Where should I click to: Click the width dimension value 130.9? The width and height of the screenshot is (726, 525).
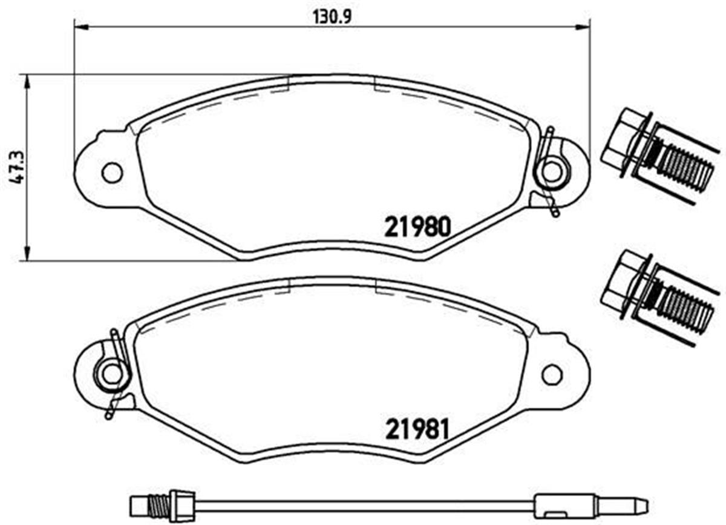pos(332,16)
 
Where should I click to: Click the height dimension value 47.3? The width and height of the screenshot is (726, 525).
pos(18,168)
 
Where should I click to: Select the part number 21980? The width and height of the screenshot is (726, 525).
pos(417,228)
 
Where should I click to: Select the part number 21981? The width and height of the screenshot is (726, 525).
pos(417,430)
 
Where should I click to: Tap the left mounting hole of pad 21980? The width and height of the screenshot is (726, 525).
pos(112,173)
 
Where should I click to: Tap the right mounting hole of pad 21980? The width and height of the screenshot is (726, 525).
pos(552,172)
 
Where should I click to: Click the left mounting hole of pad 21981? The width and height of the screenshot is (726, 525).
pos(112,374)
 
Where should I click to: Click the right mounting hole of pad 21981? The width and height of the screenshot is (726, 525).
pos(552,374)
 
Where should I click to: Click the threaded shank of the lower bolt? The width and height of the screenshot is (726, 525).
pos(684,309)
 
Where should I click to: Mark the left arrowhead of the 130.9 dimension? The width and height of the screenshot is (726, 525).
pos(80,27)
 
